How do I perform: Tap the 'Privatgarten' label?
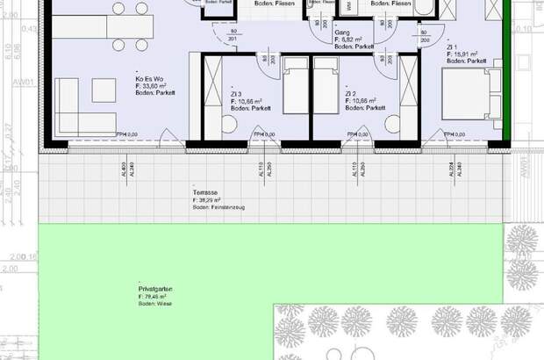[x=154, y=288]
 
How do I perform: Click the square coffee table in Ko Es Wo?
[x=104, y=90]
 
